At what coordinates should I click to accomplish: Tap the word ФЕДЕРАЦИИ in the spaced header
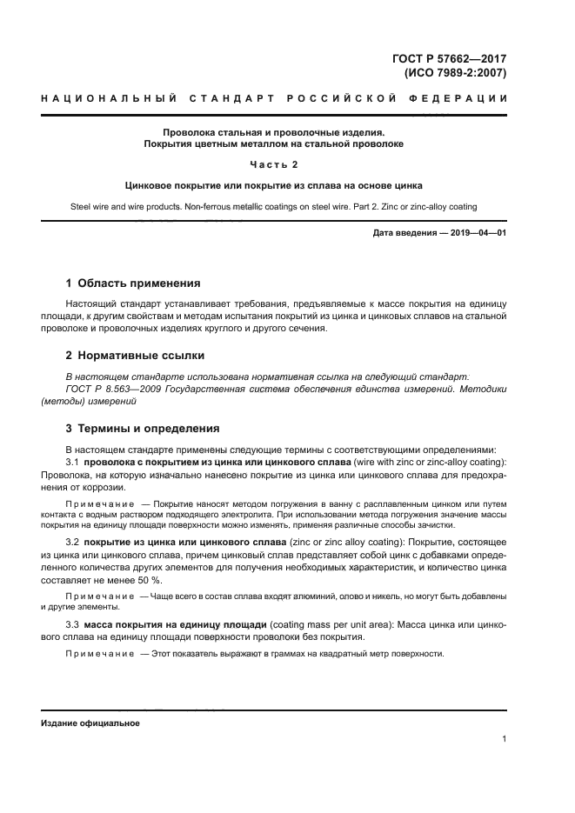[470, 99]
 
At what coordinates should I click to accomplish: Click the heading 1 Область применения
[133, 283]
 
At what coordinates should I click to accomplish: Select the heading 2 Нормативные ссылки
[136, 356]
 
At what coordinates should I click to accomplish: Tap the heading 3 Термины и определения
[144, 429]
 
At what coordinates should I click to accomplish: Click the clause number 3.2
[72, 543]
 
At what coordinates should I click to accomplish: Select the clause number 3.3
[72, 624]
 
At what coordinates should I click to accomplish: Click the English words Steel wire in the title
[89, 206]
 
